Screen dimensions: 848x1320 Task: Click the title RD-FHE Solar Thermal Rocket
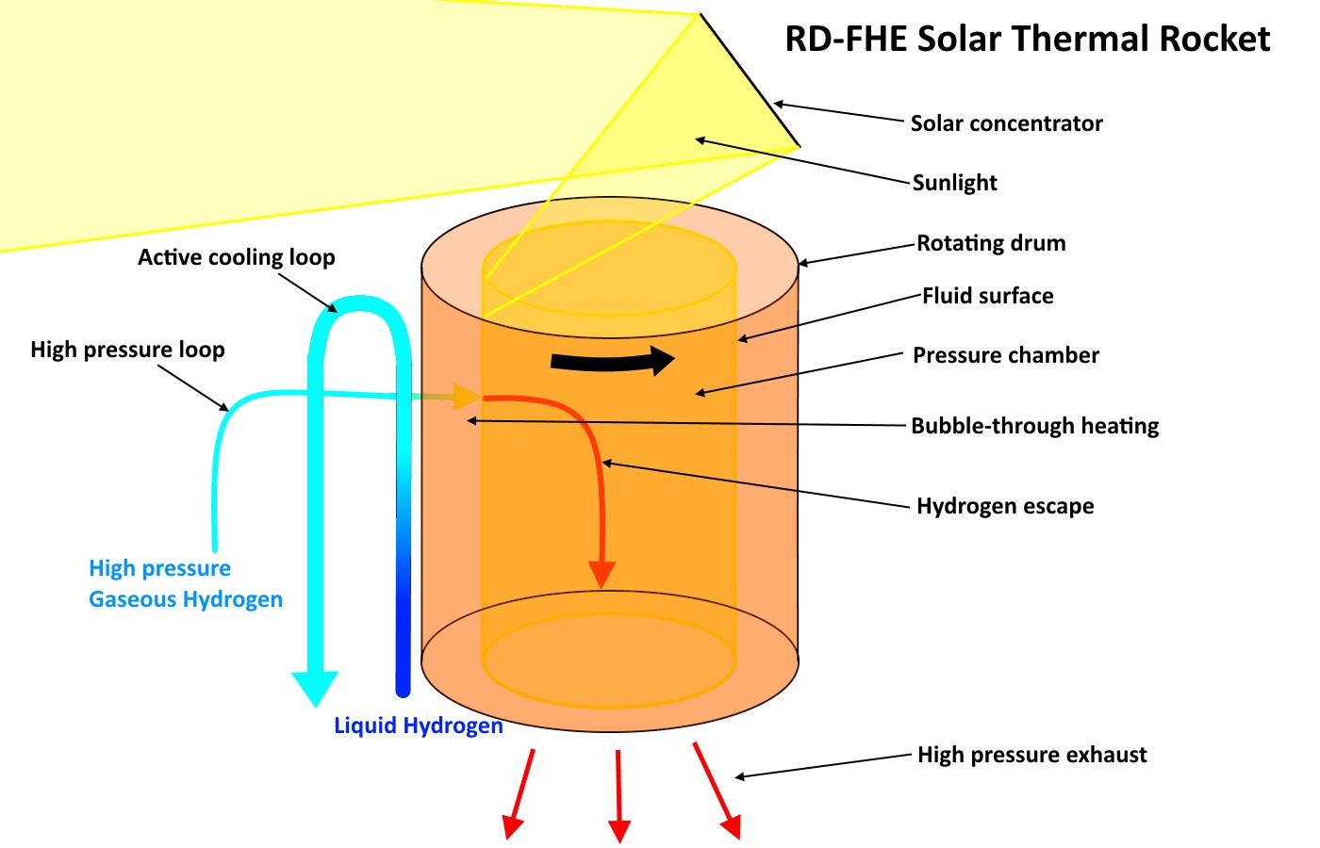pos(1027,40)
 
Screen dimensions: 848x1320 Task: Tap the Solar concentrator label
pos(1006,123)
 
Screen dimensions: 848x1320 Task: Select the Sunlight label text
pos(954,183)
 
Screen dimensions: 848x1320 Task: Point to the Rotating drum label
pos(991,243)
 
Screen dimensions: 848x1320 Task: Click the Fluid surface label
pos(987,296)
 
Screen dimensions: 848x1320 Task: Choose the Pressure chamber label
pos(1005,355)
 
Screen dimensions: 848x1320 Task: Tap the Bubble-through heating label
pos(1034,426)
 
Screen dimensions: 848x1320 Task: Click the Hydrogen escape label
pos(1005,506)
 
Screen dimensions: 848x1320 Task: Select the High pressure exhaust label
pos(1031,755)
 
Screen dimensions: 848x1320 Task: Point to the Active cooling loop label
pos(236,257)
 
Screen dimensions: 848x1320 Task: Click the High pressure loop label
pos(127,350)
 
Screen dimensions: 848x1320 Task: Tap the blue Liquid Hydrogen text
pos(418,726)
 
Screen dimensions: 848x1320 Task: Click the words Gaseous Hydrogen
pos(186,599)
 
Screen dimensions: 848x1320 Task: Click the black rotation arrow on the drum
pos(613,361)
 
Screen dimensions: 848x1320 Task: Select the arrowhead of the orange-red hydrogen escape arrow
pos(602,574)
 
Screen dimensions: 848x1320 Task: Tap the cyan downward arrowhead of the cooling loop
pos(315,688)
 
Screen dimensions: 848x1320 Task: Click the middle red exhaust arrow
pos(619,796)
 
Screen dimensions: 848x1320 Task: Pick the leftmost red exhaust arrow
pos(520,794)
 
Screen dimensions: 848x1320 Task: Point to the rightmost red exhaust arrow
pos(717,791)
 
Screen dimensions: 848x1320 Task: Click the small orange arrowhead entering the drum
pos(467,397)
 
